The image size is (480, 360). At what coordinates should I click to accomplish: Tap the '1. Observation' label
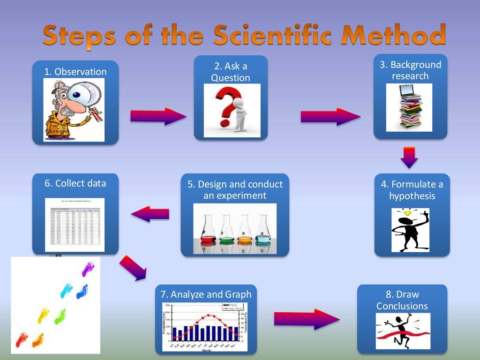(75, 72)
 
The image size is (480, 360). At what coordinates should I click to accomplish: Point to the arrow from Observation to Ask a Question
(157, 116)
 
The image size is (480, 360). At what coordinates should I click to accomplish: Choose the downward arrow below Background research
(410, 157)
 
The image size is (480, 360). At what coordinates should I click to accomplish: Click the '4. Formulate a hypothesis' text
(412, 190)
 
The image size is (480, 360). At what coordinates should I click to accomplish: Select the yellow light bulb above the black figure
(407, 214)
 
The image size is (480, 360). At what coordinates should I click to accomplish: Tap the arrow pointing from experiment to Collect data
(150, 214)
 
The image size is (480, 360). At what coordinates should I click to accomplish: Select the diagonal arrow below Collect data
(133, 268)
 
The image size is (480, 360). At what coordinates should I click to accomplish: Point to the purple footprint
(87, 270)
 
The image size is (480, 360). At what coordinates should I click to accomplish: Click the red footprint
(21, 339)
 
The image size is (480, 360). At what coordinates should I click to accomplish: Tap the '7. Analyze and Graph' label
(206, 294)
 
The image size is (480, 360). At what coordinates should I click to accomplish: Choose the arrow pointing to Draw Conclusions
(306, 319)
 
